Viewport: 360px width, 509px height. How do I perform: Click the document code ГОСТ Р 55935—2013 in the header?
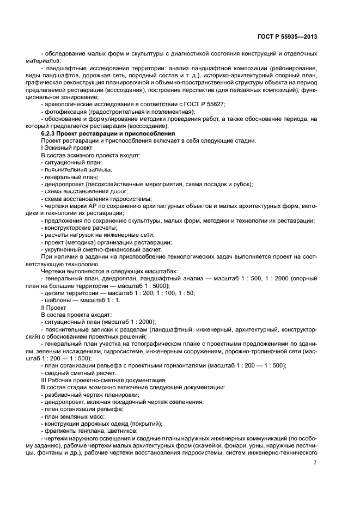click(287, 36)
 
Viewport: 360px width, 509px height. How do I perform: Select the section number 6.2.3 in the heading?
click(50, 133)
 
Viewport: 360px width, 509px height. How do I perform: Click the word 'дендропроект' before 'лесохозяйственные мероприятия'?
click(63, 184)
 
